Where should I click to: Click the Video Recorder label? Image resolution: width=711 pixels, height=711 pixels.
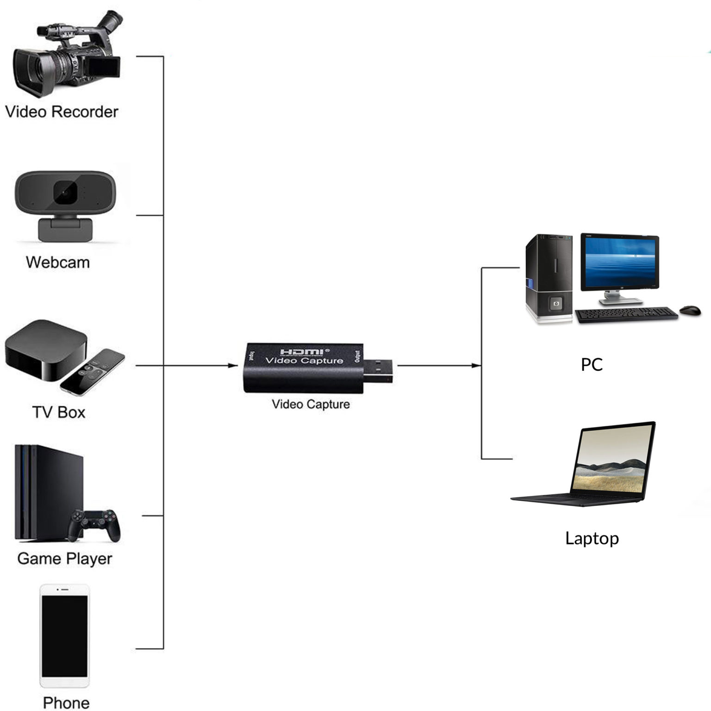pos(62,112)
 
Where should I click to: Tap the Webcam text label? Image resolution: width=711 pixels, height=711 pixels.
pos(58,262)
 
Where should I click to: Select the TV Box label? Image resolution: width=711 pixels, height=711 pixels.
pos(59,412)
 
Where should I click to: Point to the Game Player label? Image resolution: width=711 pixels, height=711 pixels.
pos(65,559)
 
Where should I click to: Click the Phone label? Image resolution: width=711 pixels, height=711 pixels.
pos(66,702)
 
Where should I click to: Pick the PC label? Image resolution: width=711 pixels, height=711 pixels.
pos(592,365)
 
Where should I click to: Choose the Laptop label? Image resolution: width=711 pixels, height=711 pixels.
pos(592,538)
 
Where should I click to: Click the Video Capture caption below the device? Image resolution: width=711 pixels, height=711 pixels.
pos(311,404)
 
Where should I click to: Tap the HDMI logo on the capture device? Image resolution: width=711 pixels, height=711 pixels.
pos(303,352)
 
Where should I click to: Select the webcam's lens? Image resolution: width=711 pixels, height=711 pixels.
pos(65,192)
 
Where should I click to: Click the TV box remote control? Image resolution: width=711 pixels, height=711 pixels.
pos(93,371)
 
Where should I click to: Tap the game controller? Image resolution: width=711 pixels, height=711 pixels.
pos(95,524)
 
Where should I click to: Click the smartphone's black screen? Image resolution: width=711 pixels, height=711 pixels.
pos(64,636)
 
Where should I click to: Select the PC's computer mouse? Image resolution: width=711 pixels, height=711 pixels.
pos(690,310)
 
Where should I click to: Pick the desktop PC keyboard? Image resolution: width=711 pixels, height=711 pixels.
pos(626,314)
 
